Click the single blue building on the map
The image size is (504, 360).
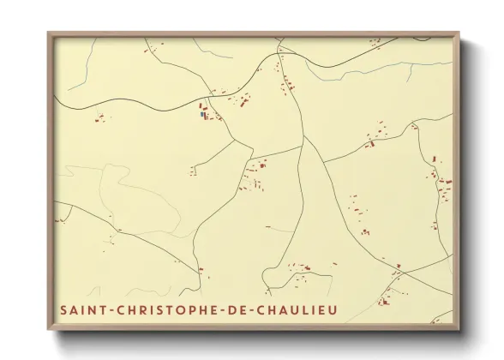coord(202,113)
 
